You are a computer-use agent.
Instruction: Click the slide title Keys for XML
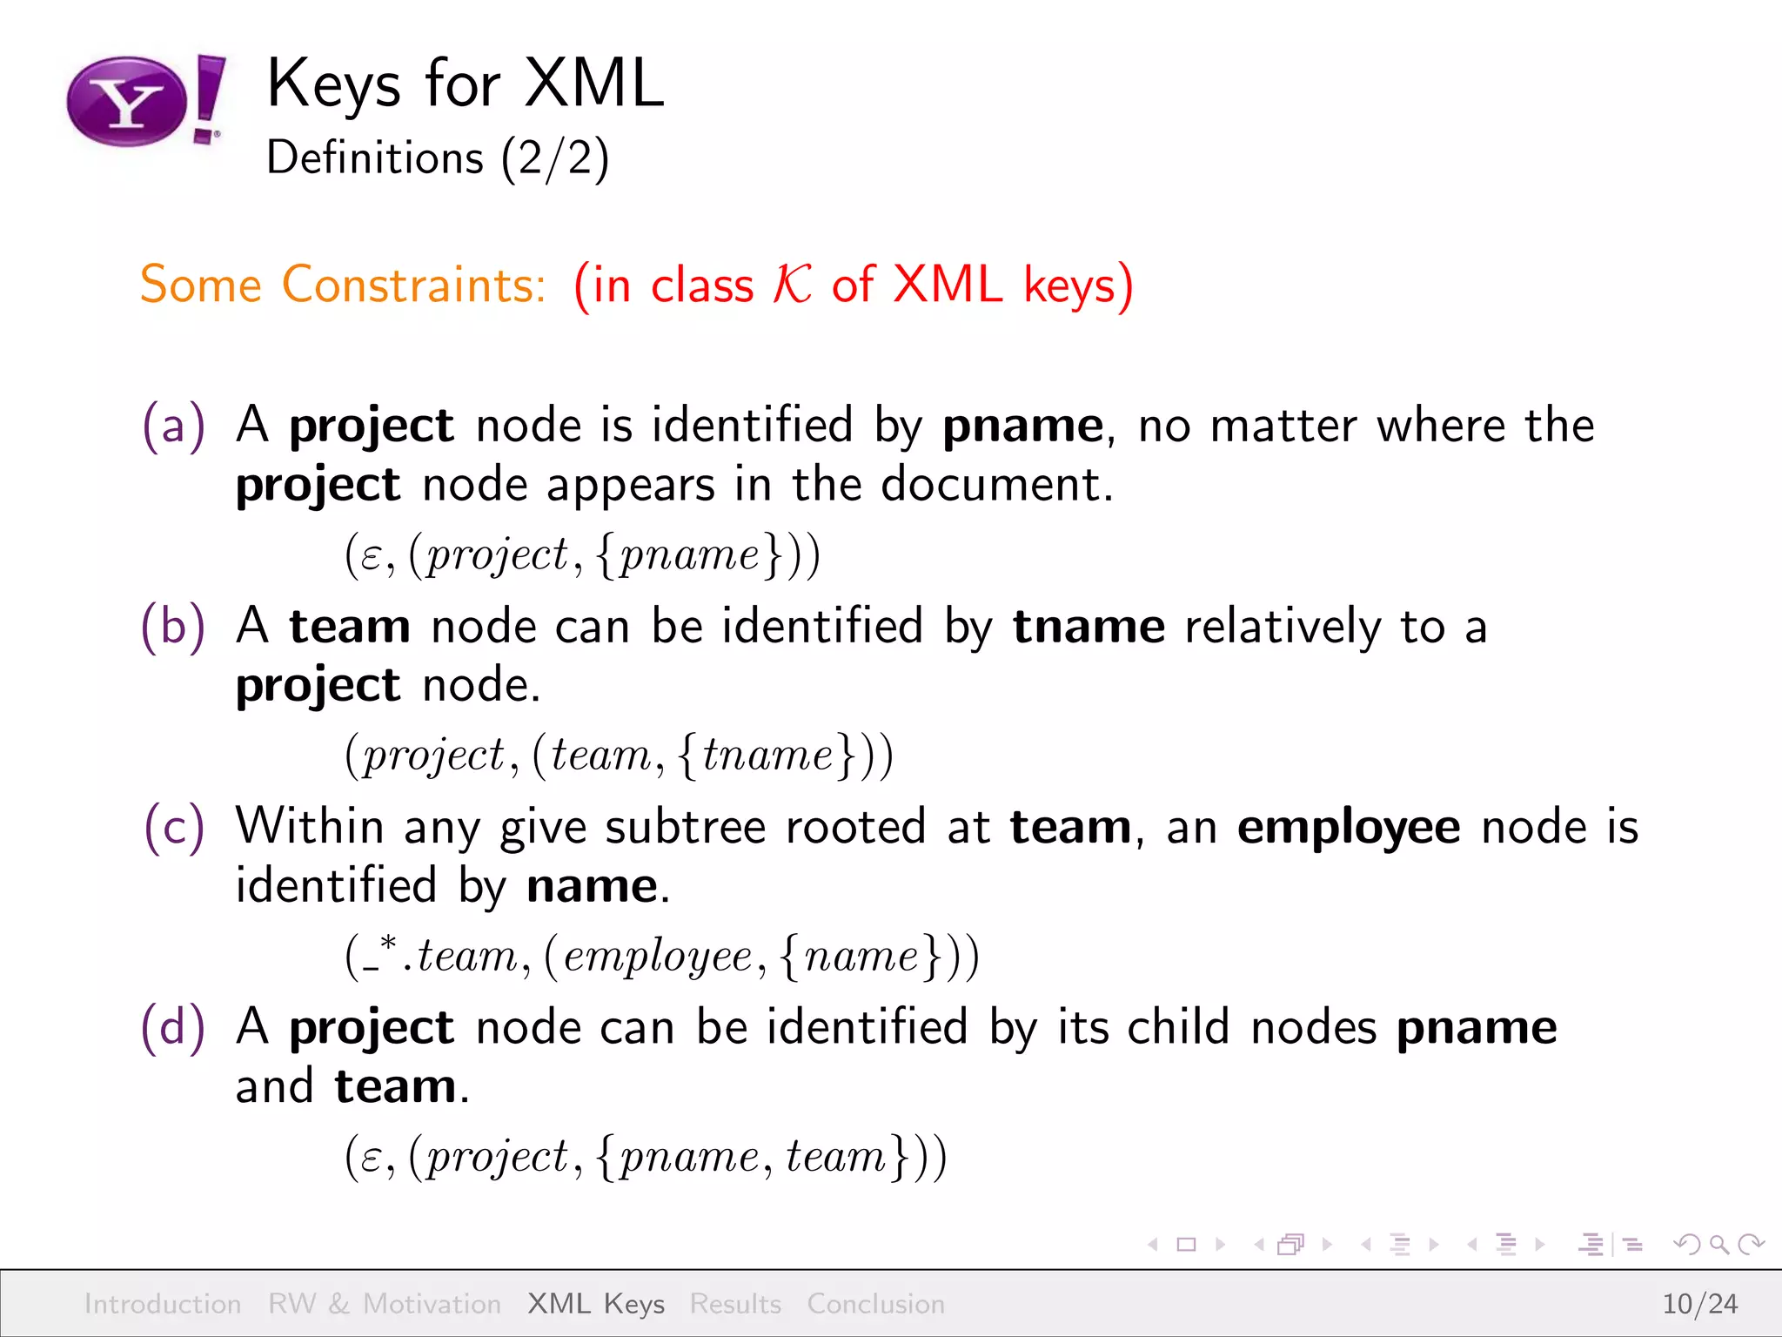pos(466,84)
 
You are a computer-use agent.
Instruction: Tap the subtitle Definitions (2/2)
pos(438,158)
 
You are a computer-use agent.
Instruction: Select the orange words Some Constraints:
pos(343,285)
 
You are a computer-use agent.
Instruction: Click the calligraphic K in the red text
pos(792,285)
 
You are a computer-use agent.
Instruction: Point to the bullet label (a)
pos(174,426)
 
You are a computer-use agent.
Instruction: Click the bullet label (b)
pos(174,627)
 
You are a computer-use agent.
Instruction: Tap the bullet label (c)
pos(174,827)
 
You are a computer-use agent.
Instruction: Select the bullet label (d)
pos(174,1027)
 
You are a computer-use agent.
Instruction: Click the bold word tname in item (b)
pos(1089,627)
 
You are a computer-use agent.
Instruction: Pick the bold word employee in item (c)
pos(1349,828)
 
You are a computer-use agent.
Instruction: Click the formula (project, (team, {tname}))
pos(619,755)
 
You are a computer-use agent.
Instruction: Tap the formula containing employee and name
pos(662,956)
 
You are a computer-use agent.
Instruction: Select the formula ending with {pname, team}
pos(645,1157)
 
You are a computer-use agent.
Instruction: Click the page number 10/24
pos(1699,1304)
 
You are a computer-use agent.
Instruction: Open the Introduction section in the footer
pos(163,1304)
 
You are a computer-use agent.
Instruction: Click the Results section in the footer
pos(735,1304)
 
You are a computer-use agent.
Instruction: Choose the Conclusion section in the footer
pos(875,1304)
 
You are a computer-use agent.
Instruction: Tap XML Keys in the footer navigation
pos(596,1304)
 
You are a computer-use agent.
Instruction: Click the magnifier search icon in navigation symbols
pos(1718,1245)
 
